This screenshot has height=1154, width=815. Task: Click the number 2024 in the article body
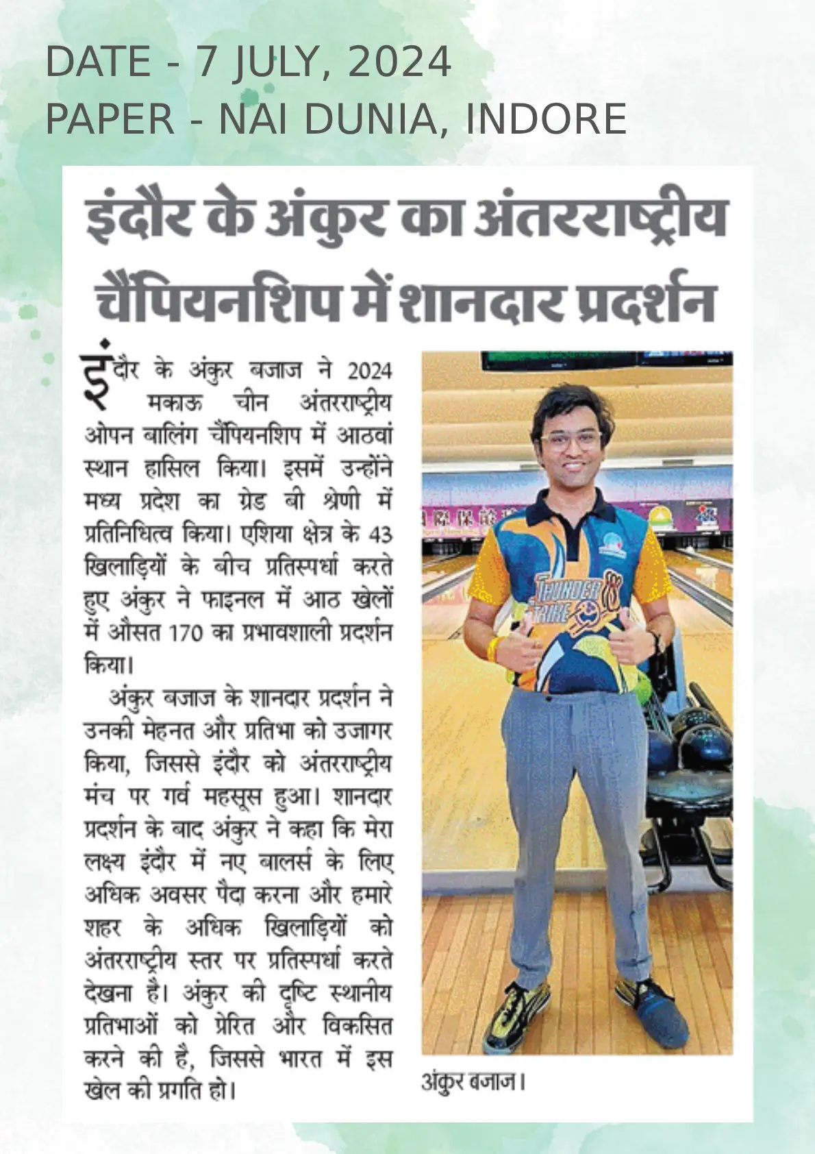click(x=370, y=371)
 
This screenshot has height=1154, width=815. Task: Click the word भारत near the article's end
click(x=300, y=1059)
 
